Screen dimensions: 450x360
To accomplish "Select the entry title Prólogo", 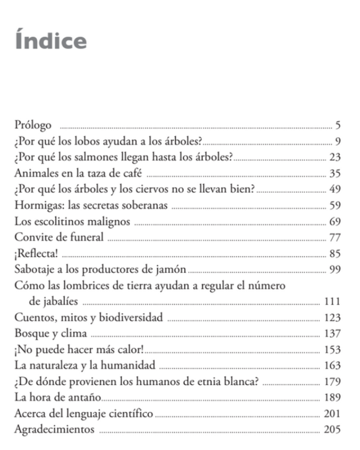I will [x=33, y=126].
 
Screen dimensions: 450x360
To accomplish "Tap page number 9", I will [x=338, y=142].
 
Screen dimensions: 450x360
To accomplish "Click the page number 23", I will [x=335, y=158].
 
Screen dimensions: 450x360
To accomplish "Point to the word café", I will [x=131, y=174].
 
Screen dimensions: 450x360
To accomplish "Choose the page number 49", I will [x=335, y=190].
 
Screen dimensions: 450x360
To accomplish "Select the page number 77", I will [x=335, y=237].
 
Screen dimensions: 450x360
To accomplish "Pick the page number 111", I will [x=332, y=301].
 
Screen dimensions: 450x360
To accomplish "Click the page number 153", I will [x=332, y=349].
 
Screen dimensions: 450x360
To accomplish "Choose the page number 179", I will [x=332, y=380].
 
